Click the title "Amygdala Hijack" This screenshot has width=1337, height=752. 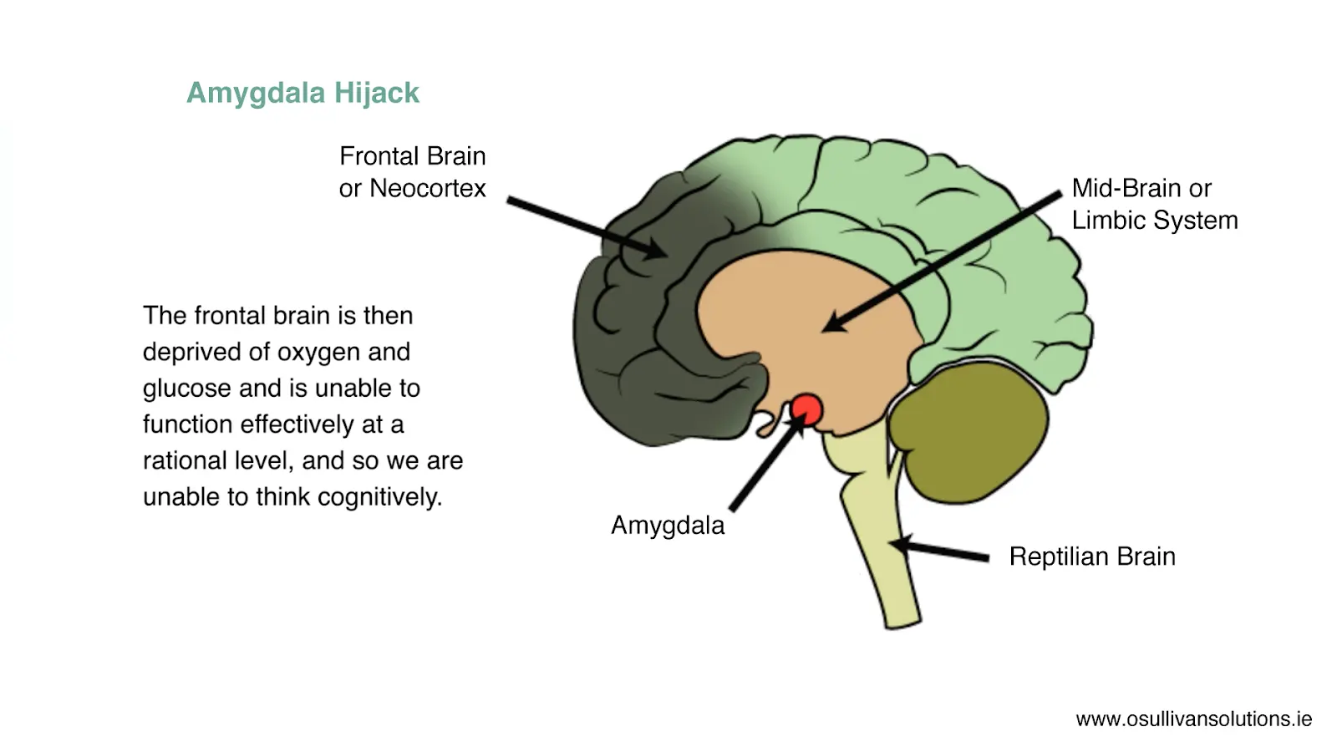[x=302, y=93]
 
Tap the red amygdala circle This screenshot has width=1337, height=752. [x=806, y=410]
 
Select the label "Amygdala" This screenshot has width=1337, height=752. [x=668, y=526]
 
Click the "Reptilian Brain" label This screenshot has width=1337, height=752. [x=1092, y=556]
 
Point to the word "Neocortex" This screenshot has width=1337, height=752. [x=427, y=189]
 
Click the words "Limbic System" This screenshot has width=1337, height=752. [x=1155, y=221]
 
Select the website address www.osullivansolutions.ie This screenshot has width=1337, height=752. [x=1193, y=719]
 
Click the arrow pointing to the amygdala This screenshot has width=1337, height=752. [x=765, y=464]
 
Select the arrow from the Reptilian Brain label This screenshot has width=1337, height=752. [x=940, y=551]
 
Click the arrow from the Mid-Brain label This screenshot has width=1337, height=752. [x=944, y=259]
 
